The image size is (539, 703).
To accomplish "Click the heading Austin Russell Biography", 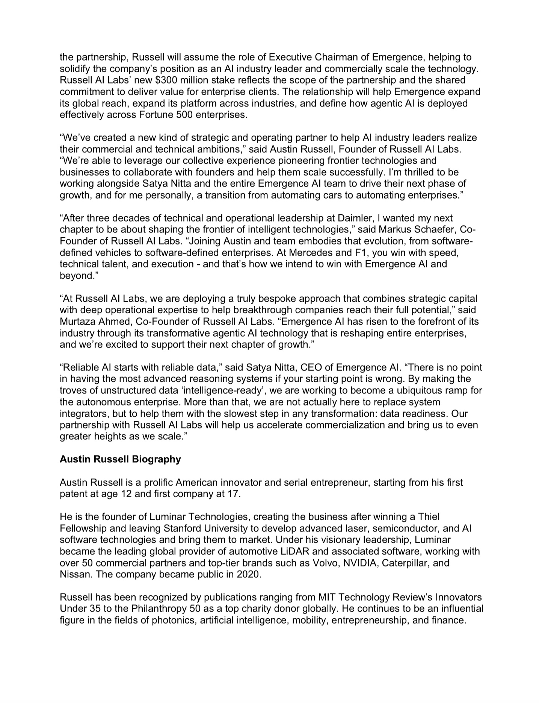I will pyautogui.click(x=120, y=459).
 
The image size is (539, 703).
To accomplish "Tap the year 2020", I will pyautogui.click(x=248, y=574).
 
